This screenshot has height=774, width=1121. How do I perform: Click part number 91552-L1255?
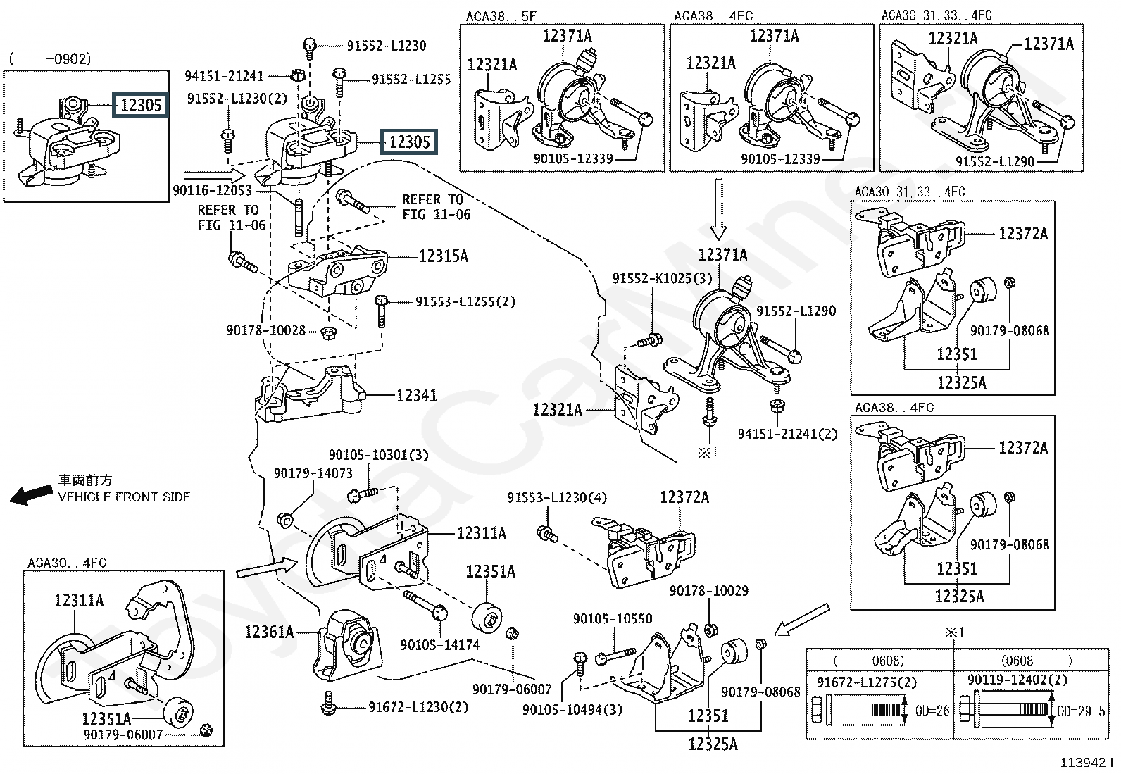pos(411,80)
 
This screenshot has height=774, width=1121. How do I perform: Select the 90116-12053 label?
pos(212,190)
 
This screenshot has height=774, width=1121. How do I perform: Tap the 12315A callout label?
pos(443,256)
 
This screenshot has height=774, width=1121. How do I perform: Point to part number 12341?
pos(416,396)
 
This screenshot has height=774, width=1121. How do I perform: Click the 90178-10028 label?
pos(265,330)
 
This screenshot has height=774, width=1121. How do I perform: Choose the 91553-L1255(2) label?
pos(465,302)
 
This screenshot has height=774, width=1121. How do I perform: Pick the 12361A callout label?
pos(269,632)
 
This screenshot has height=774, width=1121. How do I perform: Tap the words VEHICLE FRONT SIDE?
pos(124,497)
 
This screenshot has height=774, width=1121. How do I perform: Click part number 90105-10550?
pos(613,619)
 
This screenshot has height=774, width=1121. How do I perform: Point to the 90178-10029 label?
pos(708,591)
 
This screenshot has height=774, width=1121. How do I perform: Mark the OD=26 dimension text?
pos(932,711)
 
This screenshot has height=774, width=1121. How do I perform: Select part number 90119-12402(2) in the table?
pos(1017,680)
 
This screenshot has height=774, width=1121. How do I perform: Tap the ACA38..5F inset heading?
pos(500,16)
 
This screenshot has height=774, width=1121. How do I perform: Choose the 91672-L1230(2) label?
pos(418,707)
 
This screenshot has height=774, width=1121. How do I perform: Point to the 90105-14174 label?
pos(439,644)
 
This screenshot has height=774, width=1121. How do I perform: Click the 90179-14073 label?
pos(313,473)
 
